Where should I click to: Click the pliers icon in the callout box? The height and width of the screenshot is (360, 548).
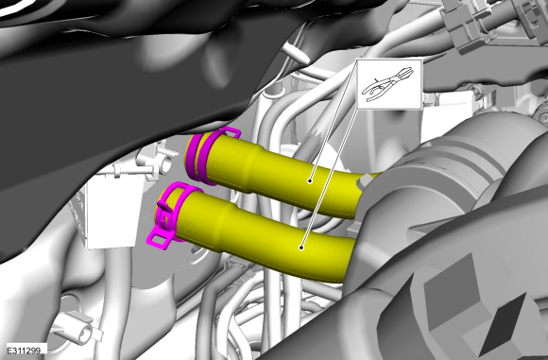click(x=388, y=84)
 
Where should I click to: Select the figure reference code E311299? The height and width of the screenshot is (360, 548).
click(x=24, y=351)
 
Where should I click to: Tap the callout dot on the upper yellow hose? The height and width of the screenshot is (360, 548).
click(x=310, y=180)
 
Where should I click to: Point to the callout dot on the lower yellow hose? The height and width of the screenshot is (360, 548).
click(x=300, y=248)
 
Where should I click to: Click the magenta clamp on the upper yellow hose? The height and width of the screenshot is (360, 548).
click(x=203, y=156)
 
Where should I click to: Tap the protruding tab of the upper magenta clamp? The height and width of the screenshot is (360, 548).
click(x=229, y=133)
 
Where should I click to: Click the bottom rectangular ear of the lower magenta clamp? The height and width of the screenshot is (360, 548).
click(x=160, y=240)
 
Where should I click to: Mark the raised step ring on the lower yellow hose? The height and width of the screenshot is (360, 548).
click(x=227, y=227)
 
